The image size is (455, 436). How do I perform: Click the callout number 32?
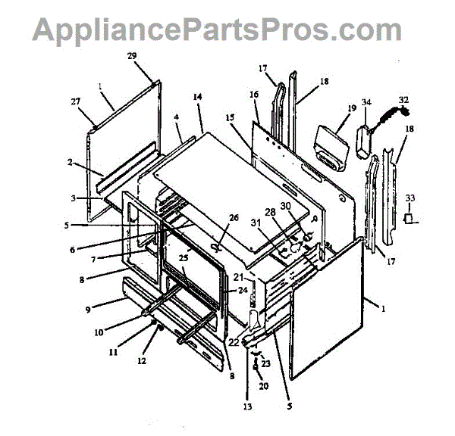(403, 99)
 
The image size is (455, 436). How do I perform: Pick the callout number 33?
(410, 198)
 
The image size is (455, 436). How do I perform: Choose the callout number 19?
(352, 109)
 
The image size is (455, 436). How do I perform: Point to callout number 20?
(263, 386)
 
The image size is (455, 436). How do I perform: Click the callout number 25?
(183, 258)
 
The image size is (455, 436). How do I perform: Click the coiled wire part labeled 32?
(391, 117)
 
